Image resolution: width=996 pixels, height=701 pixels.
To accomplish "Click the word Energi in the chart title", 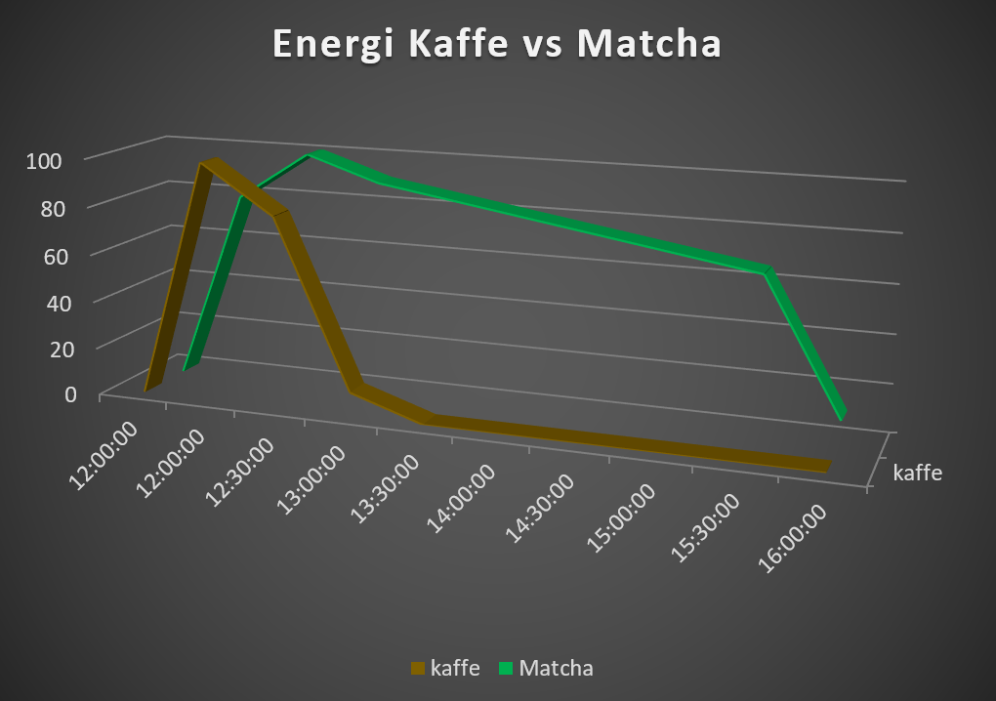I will (x=333, y=46).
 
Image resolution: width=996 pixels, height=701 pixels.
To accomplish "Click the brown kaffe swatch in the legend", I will (x=419, y=669).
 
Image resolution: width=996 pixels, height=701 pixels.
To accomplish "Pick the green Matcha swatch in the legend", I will (x=507, y=669).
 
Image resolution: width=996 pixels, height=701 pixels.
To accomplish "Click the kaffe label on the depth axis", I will (x=917, y=474).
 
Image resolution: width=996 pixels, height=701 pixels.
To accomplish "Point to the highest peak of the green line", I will (x=315, y=153).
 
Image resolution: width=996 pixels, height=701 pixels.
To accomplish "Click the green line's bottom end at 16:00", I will (x=841, y=415).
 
